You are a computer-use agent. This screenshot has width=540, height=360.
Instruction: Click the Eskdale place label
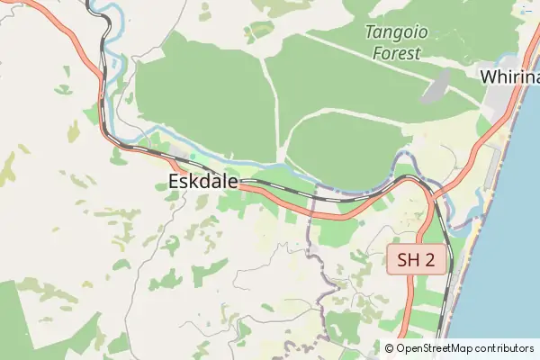coord(202,182)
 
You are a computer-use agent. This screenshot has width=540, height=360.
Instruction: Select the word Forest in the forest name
coord(396,53)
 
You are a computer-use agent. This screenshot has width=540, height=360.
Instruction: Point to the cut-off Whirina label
coord(509,76)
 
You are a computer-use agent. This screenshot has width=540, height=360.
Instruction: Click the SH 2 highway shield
coord(417,261)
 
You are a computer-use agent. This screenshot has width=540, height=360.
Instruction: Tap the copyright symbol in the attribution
coord(390,348)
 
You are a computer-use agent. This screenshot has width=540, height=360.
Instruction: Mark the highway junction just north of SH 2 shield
coord(429,191)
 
